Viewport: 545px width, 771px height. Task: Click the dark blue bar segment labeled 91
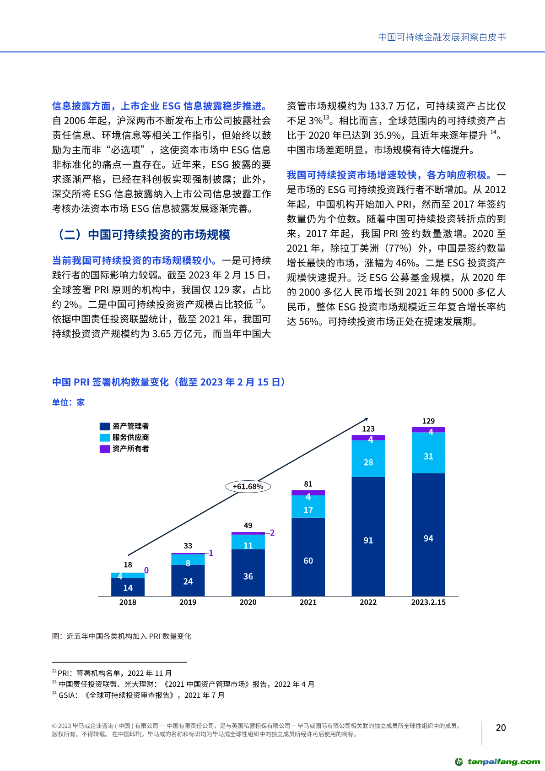tap(368, 536)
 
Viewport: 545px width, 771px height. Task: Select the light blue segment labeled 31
tap(428, 453)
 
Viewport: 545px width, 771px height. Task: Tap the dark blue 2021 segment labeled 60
tap(308, 556)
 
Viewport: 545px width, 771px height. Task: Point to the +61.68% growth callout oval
tap(248, 486)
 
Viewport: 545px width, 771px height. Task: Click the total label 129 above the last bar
tap(428, 421)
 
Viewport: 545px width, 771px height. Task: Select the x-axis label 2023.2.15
tap(428, 602)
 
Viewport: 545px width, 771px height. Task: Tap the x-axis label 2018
tap(128, 602)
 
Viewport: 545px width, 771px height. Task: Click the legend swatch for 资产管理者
tap(105, 426)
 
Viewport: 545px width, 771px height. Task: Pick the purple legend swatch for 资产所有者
tap(105, 449)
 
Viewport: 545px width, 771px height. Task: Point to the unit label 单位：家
tap(68, 402)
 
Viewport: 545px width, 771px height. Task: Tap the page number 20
tap(501, 728)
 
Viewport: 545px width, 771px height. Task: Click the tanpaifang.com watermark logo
tap(497, 761)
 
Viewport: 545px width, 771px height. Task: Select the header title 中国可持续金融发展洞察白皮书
tap(442, 37)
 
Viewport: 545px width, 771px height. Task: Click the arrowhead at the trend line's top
tap(366, 419)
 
